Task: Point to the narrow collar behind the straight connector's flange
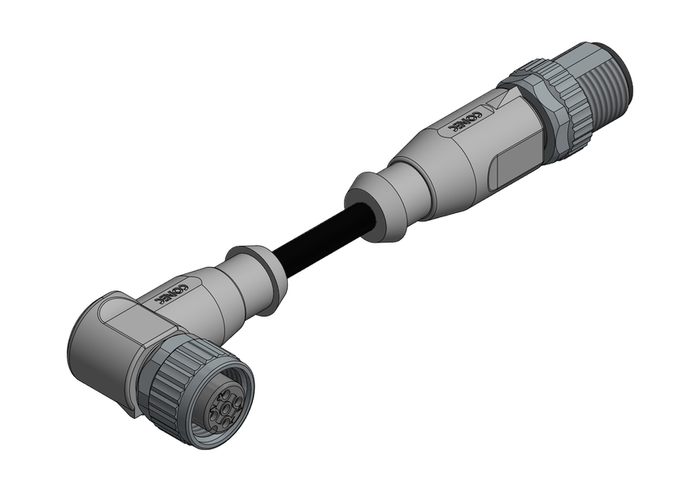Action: pos(389,200)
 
